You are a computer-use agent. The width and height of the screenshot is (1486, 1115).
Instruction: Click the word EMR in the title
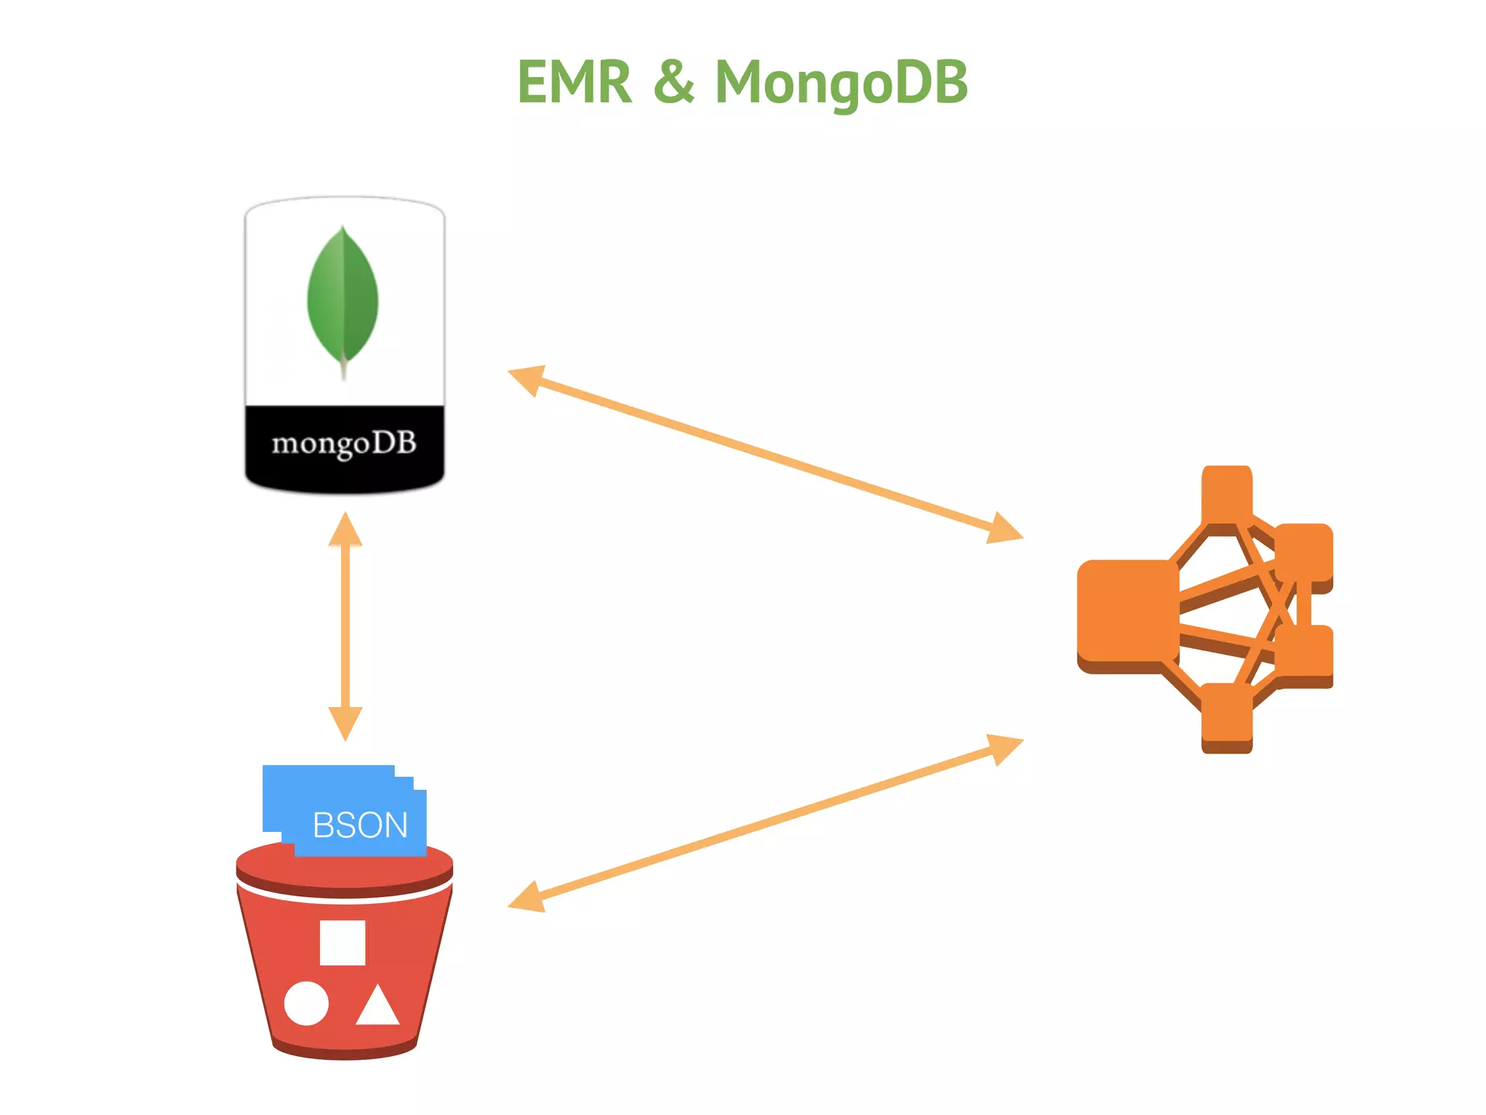point(574,82)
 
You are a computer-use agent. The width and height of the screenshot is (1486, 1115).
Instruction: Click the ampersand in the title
point(673,82)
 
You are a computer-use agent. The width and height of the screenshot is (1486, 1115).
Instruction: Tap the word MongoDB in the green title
point(841,82)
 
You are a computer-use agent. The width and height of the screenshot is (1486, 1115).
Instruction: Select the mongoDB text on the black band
point(344,443)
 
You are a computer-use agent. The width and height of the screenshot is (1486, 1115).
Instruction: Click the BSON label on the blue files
point(360,825)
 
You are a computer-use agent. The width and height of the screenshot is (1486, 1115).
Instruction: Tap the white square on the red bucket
point(342,942)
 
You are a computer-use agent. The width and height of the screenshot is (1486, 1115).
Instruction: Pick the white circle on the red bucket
point(306,1003)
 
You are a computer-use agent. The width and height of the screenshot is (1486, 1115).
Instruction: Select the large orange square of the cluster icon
point(1127,611)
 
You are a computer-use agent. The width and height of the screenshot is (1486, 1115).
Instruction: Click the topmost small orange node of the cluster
point(1226,494)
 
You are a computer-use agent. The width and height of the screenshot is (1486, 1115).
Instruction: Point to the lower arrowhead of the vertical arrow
point(345,722)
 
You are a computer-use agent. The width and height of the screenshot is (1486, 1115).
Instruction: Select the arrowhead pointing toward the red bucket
point(527,898)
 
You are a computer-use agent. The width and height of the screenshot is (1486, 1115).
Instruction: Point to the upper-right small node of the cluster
point(1304,552)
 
